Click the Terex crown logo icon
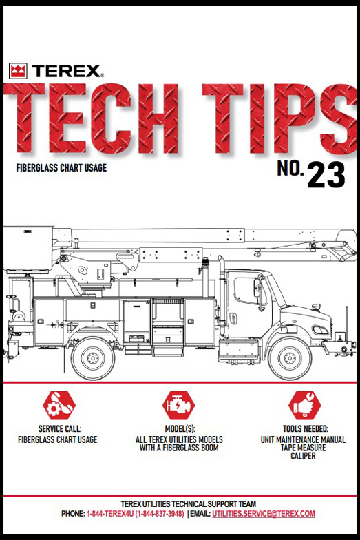[x=18, y=71]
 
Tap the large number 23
[x=326, y=176]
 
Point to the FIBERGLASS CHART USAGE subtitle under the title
[x=61, y=167]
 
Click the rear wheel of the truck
[x=92, y=357]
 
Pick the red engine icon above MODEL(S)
[x=179, y=406]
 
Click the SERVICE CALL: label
[x=57, y=429]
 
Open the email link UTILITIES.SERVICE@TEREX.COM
[x=264, y=515]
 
